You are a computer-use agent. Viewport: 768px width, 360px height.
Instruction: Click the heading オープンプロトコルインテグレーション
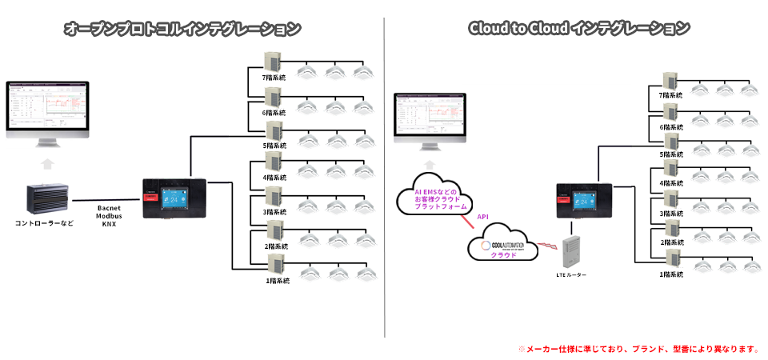(x=182, y=29)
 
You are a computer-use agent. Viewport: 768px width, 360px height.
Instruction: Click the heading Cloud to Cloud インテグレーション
(x=578, y=29)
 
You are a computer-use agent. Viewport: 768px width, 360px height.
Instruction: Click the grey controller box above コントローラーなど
(x=47, y=200)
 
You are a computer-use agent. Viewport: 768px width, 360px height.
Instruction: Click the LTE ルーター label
(x=571, y=275)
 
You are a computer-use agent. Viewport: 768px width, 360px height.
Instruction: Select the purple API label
(x=483, y=216)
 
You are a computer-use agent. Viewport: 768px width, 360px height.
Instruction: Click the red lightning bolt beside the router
(x=546, y=243)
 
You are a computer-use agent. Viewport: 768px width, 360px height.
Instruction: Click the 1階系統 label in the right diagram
(x=671, y=274)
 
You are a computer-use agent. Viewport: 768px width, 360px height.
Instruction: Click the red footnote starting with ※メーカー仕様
(x=638, y=349)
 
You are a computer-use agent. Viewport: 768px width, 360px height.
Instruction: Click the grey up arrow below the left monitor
(x=47, y=165)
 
